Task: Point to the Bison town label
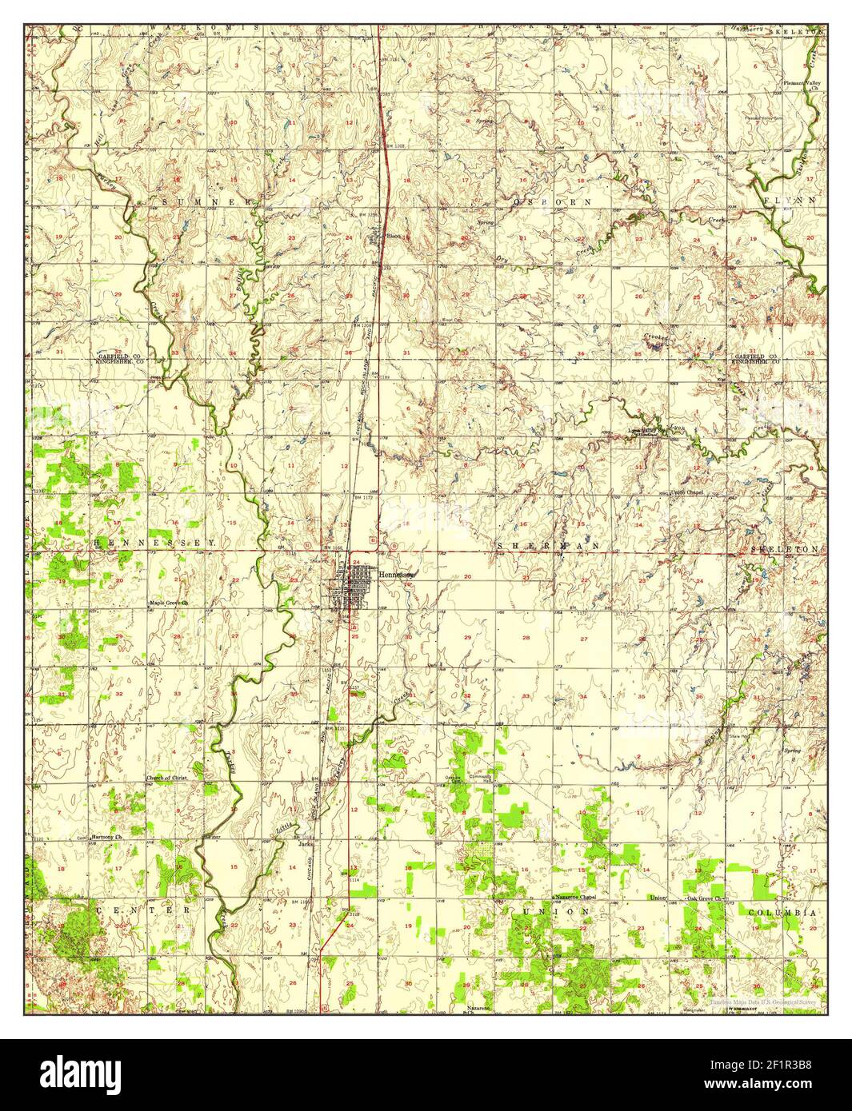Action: (x=393, y=237)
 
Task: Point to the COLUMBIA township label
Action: (x=782, y=912)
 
